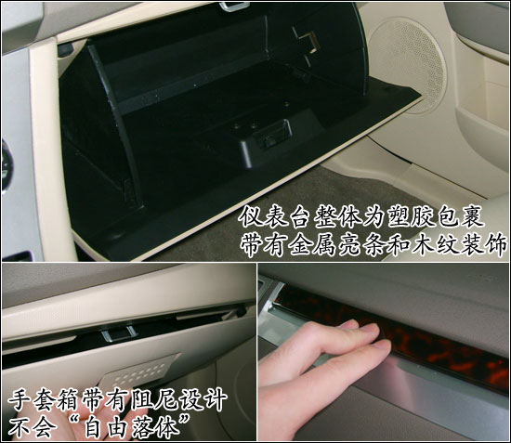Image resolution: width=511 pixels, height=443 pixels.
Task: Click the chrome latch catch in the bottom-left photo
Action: point(119,333)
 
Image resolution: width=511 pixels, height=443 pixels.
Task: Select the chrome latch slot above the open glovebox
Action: point(234,7)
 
